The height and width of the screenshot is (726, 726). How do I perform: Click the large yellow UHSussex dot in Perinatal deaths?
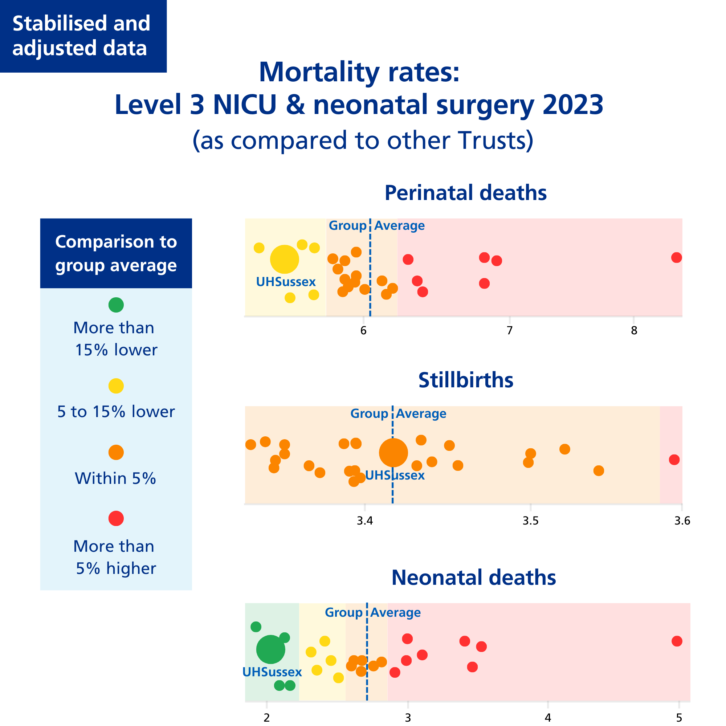tap(285, 259)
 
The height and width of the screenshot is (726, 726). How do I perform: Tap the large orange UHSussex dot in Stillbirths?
tap(393, 452)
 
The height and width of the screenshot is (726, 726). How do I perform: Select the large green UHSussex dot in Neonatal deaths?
tap(270, 649)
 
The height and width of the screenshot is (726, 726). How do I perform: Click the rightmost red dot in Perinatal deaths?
tap(676, 257)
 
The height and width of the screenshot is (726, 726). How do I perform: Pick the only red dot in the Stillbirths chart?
tap(674, 460)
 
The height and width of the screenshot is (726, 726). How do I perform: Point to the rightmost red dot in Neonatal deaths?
tap(677, 641)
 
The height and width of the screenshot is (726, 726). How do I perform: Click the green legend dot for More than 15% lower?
tap(116, 305)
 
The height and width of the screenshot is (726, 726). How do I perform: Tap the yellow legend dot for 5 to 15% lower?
tap(116, 386)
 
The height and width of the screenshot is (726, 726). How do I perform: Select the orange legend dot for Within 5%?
tap(116, 452)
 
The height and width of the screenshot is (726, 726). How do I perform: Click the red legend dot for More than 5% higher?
tap(116, 519)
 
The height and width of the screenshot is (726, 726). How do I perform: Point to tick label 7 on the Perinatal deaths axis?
tap(510, 331)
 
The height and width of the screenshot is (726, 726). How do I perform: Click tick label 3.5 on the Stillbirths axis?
tap(531, 521)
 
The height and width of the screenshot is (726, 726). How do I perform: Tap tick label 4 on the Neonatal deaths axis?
tap(548, 718)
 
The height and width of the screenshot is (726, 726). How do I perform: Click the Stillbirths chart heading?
tap(466, 380)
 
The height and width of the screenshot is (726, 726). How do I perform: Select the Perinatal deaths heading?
tap(466, 193)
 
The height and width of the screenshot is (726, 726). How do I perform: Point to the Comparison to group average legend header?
tap(116, 253)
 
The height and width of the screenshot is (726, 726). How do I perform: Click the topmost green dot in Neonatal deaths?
tap(256, 627)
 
